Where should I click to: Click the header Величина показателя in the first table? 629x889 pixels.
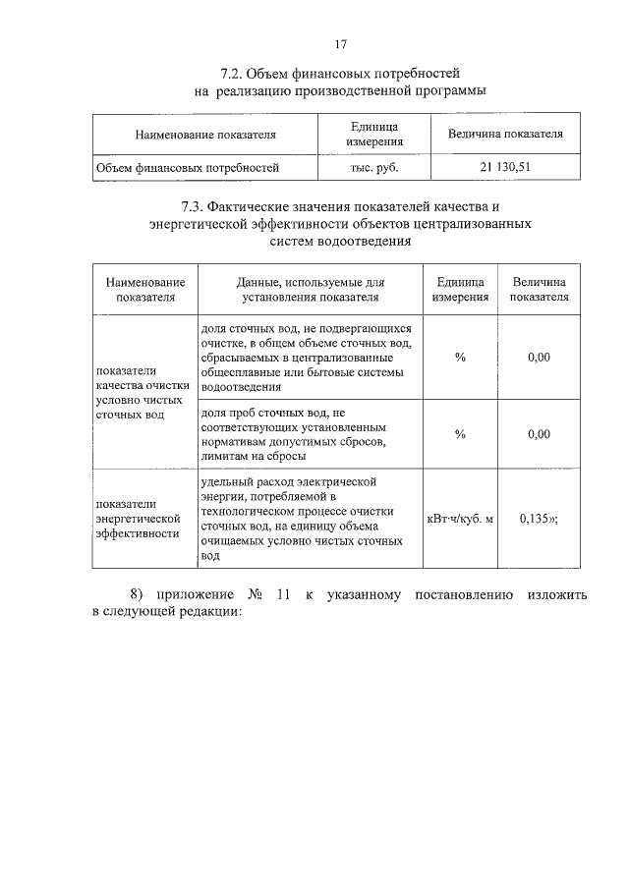pos(505,135)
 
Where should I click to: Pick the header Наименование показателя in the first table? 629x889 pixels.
pos(204,135)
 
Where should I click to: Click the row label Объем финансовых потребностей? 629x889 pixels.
pos(188,168)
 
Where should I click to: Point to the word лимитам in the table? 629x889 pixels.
pos(224,456)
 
